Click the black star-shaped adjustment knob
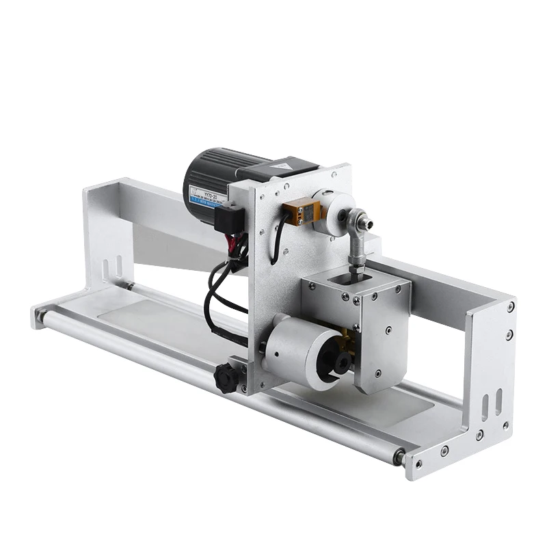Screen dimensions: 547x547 point(227,377)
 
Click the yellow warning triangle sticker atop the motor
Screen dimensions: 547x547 point(282,167)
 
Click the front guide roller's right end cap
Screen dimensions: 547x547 point(397,457)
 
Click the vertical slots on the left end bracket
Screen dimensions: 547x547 point(114,269)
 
